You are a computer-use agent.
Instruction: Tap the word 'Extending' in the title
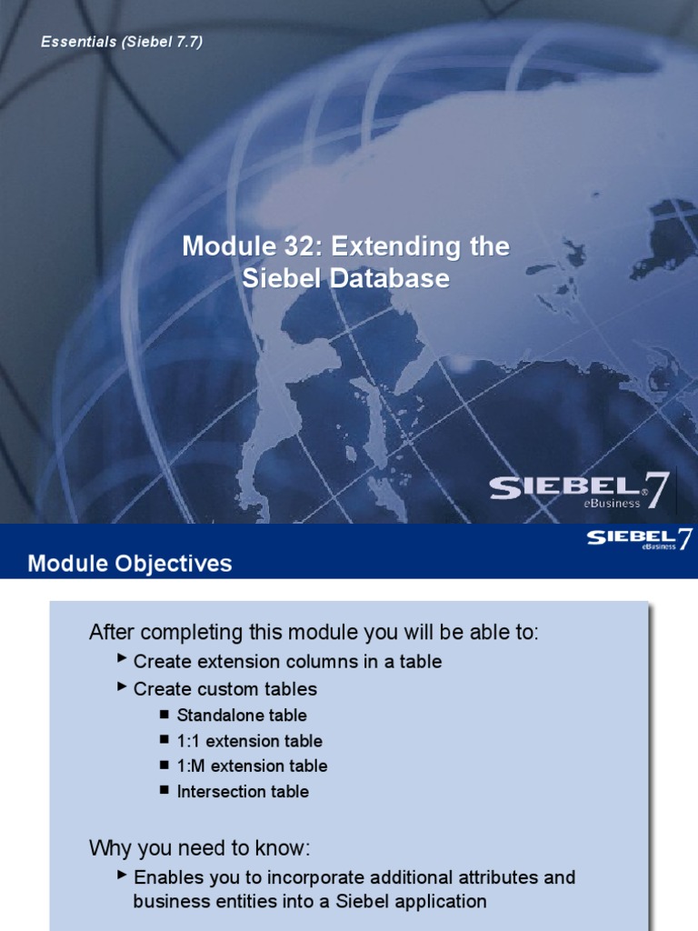[404, 246]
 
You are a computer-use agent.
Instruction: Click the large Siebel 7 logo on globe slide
[580, 491]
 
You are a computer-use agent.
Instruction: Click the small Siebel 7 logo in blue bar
[640, 539]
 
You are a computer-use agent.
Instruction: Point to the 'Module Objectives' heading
[130, 564]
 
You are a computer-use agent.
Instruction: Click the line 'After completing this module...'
[314, 632]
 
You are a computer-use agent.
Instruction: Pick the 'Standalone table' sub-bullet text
[242, 716]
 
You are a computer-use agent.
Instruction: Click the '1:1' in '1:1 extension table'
[189, 741]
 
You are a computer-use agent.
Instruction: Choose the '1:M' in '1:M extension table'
[191, 766]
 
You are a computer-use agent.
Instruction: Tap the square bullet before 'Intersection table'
[164, 790]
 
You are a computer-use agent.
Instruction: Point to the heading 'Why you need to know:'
[200, 849]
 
